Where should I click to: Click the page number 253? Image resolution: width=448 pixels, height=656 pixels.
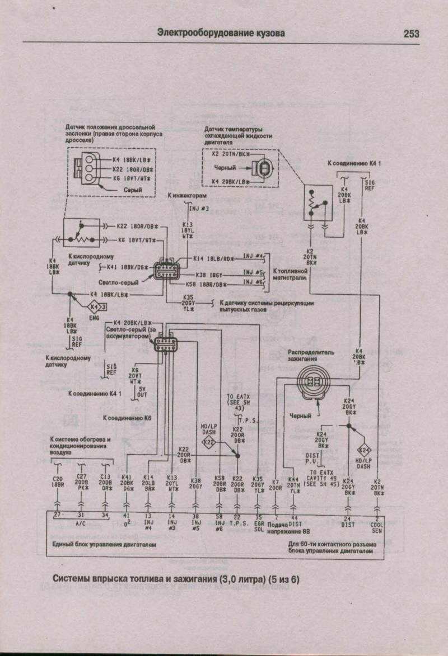click(x=411, y=34)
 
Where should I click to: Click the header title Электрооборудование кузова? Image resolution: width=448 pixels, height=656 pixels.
click(x=221, y=34)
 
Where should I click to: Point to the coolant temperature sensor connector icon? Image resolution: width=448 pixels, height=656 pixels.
click(x=261, y=168)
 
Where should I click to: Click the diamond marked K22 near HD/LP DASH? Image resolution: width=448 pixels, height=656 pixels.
click(x=209, y=442)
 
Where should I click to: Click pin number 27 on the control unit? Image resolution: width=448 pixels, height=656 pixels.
click(x=57, y=515)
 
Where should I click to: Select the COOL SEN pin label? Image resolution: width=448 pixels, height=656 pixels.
click(x=377, y=527)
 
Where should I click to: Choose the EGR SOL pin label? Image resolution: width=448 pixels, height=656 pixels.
click(x=258, y=527)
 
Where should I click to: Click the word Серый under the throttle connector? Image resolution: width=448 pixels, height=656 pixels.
click(x=132, y=190)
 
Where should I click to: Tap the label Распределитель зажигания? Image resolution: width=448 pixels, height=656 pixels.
click(x=311, y=355)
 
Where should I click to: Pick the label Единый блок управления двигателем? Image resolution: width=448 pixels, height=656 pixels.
click(x=104, y=544)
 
